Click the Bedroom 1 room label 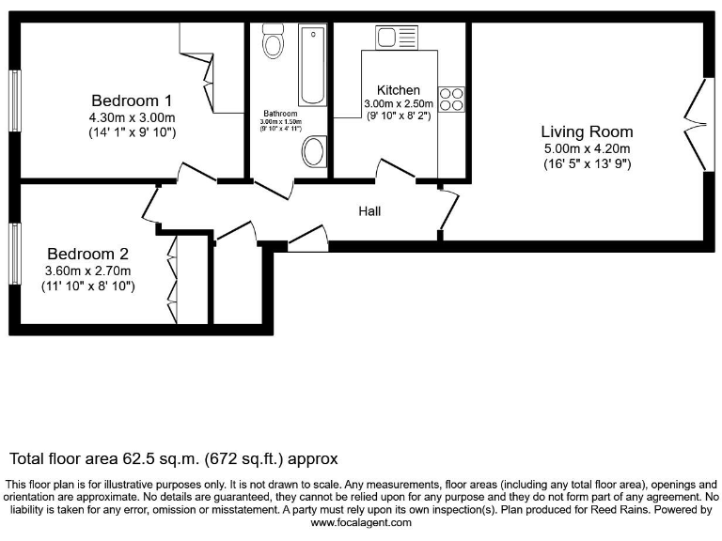click(x=131, y=100)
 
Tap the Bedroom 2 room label click(x=87, y=254)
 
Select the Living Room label click(x=587, y=131)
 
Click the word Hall click(x=369, y=211)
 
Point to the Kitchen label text click(x=399, y=90)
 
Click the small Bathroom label click(x=279, y=114)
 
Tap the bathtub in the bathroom click(x=311, y=66)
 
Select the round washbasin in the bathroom click(x=314, y=151)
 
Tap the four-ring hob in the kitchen click(x=450, y=99)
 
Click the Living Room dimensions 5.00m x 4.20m click(x=587, y=148)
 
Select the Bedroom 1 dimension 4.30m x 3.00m click(x=131, y=117)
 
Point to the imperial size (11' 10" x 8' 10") click(x=87, y=286)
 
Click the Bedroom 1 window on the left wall click(x=16, y=100)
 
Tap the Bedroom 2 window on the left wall click(x=14, y=254)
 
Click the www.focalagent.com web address click(x=361, y=522)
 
